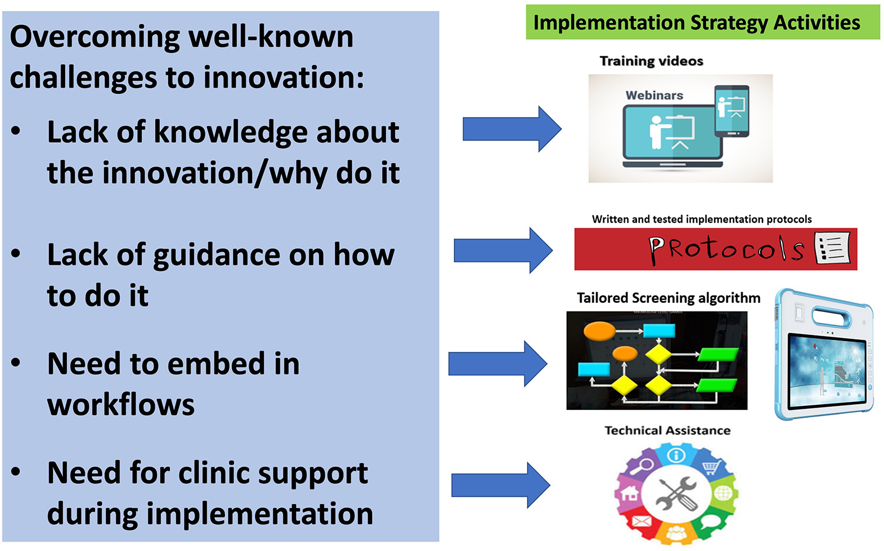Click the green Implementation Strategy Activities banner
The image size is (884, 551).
coord(703,22)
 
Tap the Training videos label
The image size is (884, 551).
coord(651,61)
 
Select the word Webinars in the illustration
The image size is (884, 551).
coord(654,95)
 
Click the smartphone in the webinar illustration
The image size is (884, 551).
coord(731,111)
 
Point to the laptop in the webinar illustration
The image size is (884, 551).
coord(673,136)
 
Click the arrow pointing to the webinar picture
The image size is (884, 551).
coord(512,129)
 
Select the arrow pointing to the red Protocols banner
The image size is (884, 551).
coord(503,250)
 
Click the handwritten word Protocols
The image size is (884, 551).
coord(726,249)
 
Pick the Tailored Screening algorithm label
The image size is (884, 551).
coord(669,298)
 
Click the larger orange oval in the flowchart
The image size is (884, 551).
coord(600,331)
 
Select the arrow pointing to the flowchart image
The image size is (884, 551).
coord(498,364)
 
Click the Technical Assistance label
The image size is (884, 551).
coord(667,430)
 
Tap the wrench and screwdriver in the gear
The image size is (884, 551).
coord(677,493)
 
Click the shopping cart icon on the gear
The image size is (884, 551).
coord(712,468)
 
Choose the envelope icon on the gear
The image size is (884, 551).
coord(642,522)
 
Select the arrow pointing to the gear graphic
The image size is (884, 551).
coord(501,485)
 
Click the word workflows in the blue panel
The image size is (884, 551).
coord(121,405)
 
